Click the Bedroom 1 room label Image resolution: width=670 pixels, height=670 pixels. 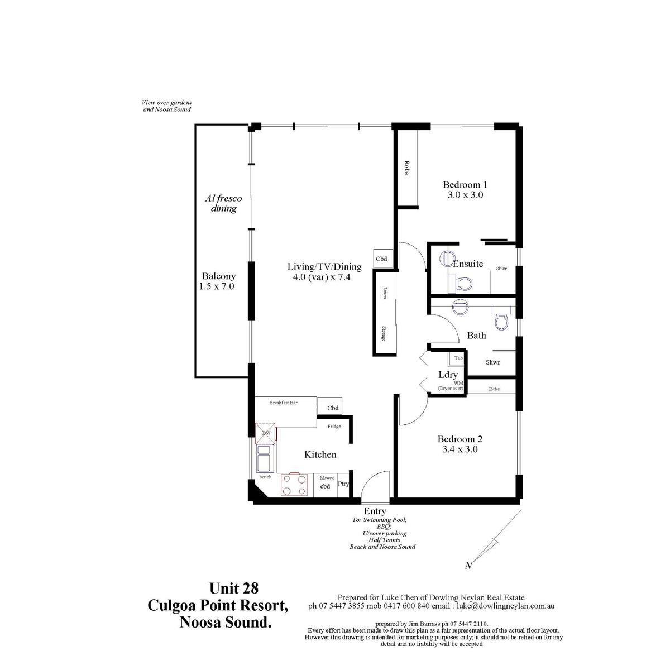[465, 185]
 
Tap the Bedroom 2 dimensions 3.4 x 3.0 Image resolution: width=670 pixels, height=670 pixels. [460, 449]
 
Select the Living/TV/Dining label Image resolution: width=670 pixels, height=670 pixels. [324, 267]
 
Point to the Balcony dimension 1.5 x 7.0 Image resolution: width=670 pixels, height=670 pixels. [216, 286]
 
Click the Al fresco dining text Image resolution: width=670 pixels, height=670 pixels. [223, 203]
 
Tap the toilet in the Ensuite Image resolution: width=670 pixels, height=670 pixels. [464, 284]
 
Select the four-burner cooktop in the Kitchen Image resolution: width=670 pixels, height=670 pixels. [294, 485]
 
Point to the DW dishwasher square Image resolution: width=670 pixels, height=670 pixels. [266, 433]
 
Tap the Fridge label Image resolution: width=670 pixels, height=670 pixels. [334, 427]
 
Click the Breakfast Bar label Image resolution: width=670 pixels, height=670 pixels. [284, 403]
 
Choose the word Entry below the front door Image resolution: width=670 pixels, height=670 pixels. [375, 511]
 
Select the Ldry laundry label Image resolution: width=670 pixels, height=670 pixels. [448, 375]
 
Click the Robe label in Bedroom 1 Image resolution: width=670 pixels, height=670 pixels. [406, 167]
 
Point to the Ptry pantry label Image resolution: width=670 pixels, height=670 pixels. [343, 484]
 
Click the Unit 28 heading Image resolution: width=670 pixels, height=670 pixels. [234, 588]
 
